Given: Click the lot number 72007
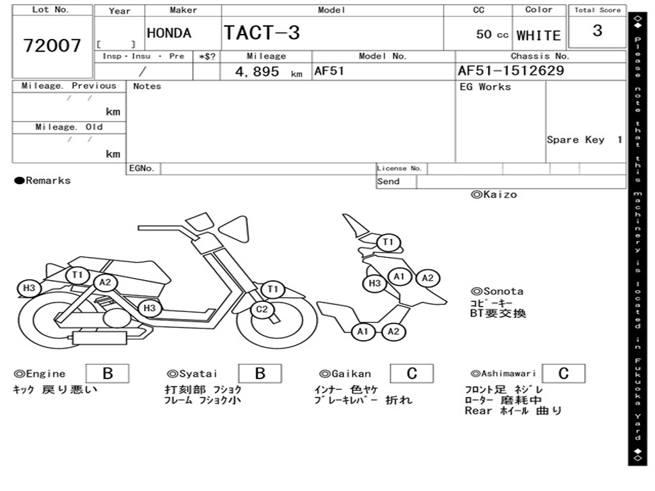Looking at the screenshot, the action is coord(52,46).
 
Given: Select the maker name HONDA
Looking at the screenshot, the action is coord(169,33).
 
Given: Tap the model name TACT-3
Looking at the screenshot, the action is coord(262,33).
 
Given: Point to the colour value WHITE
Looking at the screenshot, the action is coord(539,36).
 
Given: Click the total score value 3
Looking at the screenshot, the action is coord(597,31).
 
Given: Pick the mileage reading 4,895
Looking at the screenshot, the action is coord(257,72).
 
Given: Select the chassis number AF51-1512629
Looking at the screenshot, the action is coord(511,70).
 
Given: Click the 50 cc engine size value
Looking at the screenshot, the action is coord(492,35).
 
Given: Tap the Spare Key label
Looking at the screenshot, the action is coord(576,140).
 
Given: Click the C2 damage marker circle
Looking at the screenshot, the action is coord(262,311).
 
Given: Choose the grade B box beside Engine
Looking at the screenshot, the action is coord(107,373).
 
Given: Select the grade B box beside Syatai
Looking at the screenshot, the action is coord(260,373).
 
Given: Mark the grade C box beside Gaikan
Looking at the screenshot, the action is coord(411,373).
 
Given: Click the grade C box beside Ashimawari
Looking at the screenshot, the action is coord(563,373).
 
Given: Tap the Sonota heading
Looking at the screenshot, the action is coord(497,292).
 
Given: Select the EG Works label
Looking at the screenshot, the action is coord(485,87).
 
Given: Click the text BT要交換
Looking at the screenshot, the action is coord(498,314).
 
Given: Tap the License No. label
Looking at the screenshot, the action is coord(400,169).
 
